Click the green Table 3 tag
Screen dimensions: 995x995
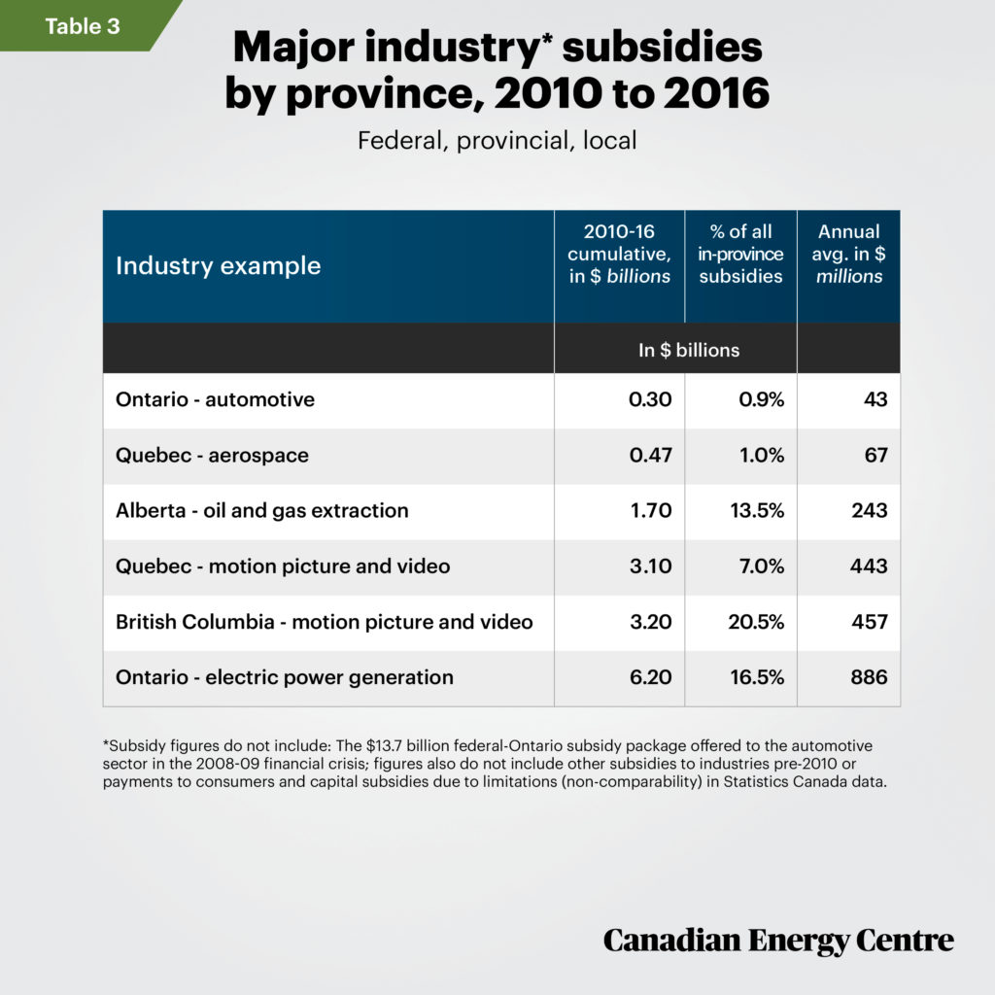(82, 26)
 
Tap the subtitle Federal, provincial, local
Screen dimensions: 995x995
(497, 140)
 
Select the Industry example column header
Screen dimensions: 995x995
(218, 265)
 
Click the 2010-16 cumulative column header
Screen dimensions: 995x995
(619, 254)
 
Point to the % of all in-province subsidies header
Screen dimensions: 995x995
(740, 254)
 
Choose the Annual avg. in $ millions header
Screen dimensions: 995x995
(848, 254)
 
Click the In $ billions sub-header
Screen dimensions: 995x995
(688, 350)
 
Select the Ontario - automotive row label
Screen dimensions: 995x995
(215, 399)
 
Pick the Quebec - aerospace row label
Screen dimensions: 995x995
(212, 455)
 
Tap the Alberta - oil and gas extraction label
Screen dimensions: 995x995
(261, 510)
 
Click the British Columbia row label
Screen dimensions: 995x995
(324, 621)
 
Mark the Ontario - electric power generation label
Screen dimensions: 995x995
(284, 676)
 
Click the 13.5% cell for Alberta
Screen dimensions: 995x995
(756, 510)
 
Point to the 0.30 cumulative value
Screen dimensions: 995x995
(650, 399)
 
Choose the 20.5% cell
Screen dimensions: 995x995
(756, 621)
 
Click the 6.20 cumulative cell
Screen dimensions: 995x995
(650, 676)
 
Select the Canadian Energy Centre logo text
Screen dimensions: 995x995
(777, 940)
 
